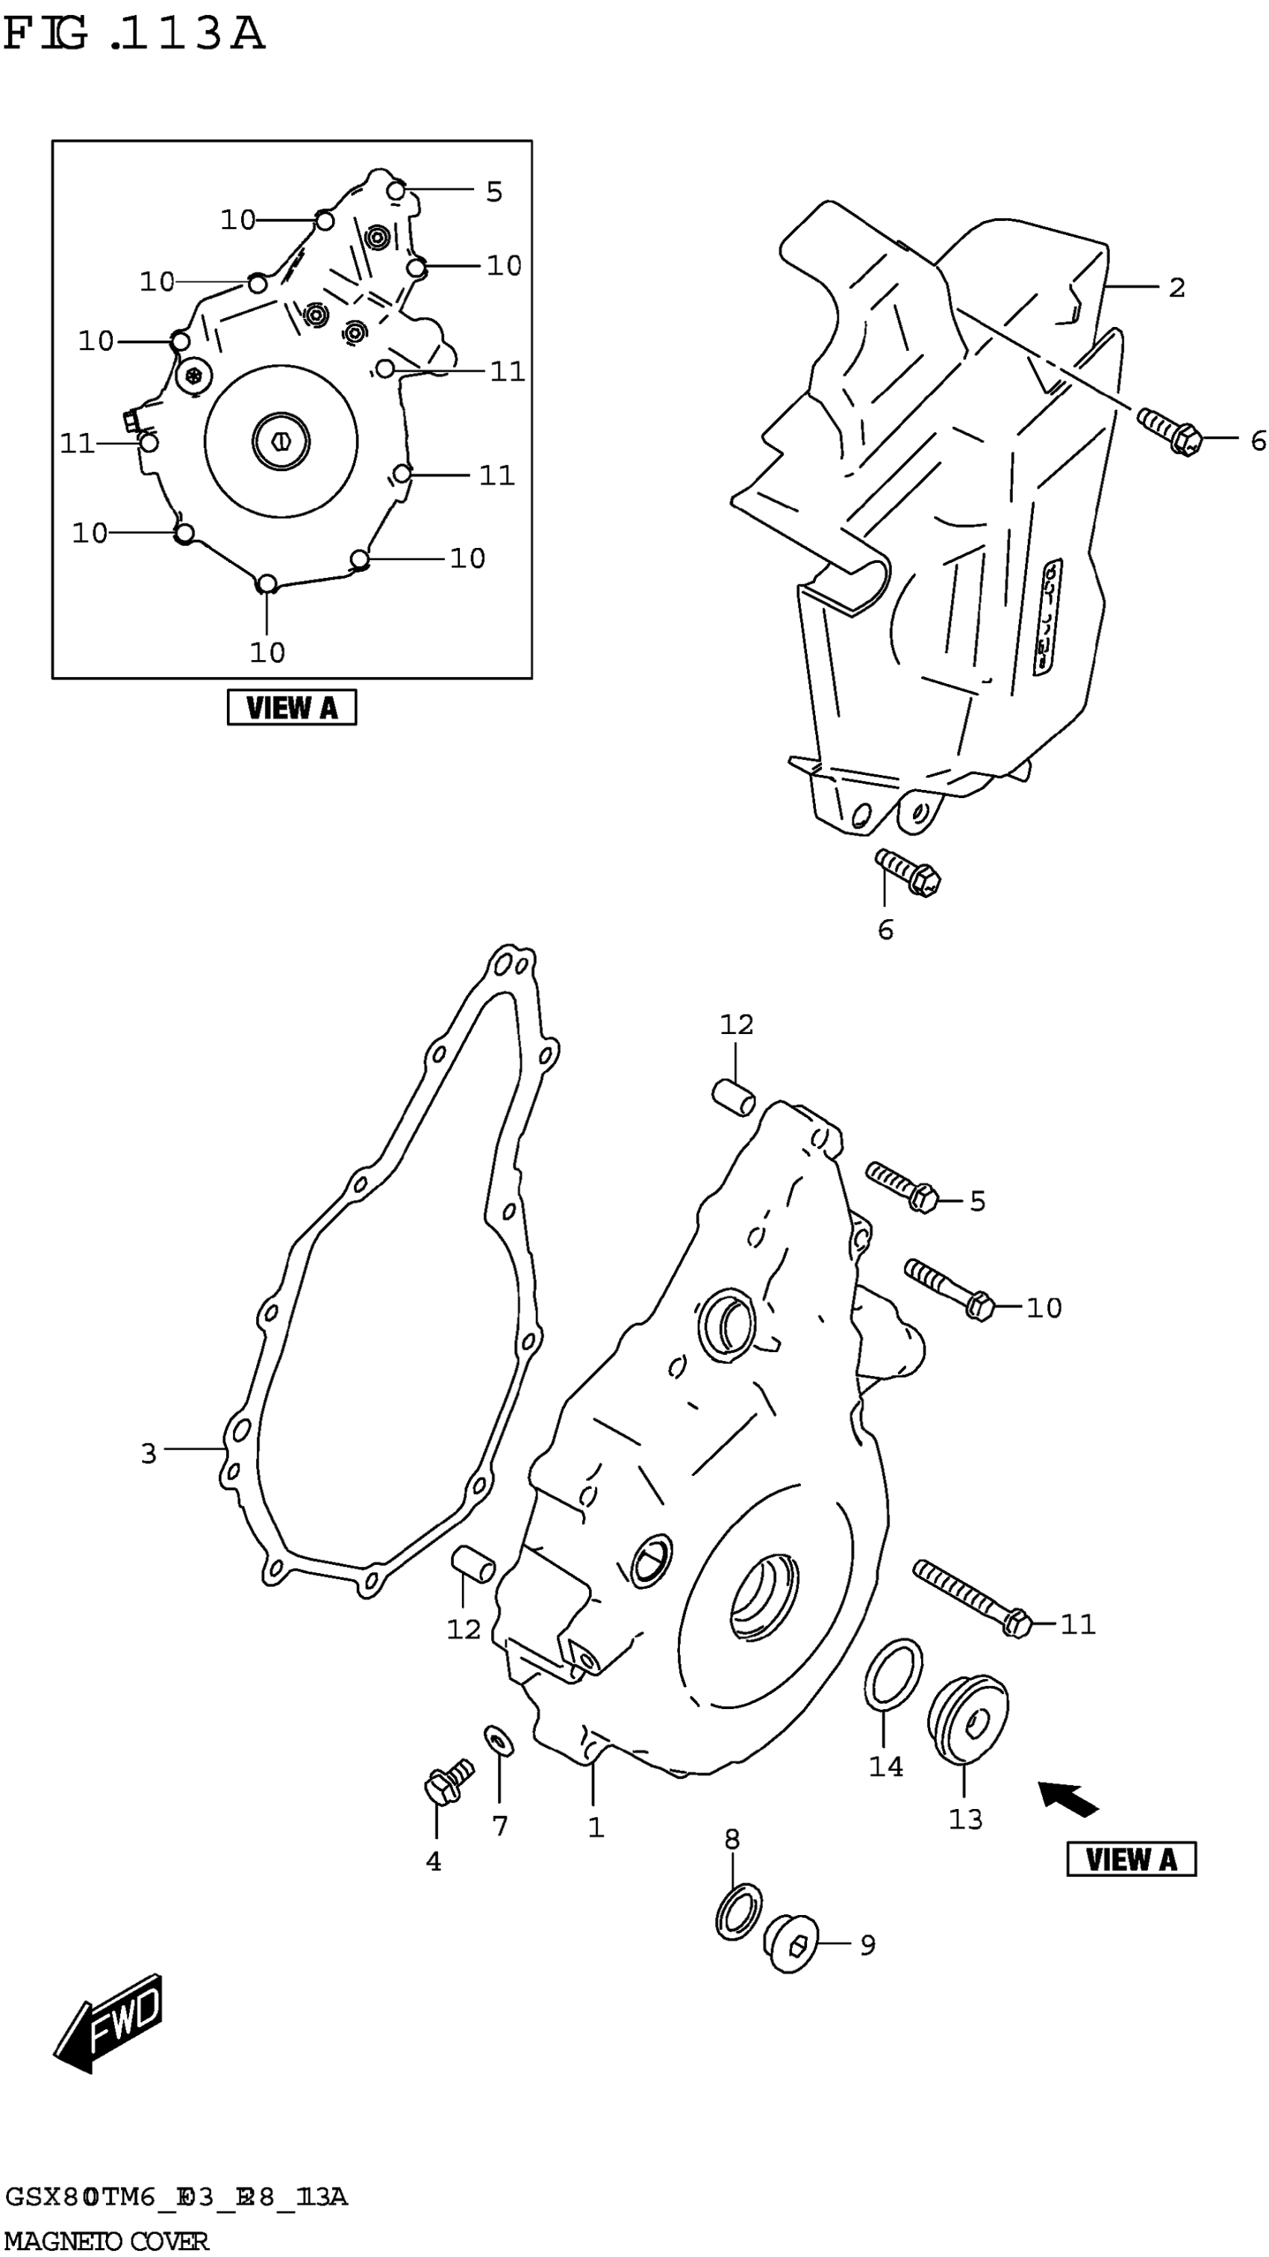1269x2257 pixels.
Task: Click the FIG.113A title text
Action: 133,35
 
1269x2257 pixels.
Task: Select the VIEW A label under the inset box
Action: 292,707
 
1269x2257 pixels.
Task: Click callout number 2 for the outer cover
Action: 1176,287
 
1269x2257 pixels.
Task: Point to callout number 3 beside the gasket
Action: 149,1453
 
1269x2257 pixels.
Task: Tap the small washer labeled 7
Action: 499,1740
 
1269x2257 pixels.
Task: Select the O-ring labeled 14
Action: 893,1672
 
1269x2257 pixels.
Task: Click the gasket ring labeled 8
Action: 739,1911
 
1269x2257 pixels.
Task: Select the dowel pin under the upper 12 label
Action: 734,1098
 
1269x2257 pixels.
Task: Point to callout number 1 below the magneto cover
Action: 596,1827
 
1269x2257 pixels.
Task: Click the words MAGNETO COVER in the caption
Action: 107,2241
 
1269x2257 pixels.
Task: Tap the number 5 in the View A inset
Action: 494,192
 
